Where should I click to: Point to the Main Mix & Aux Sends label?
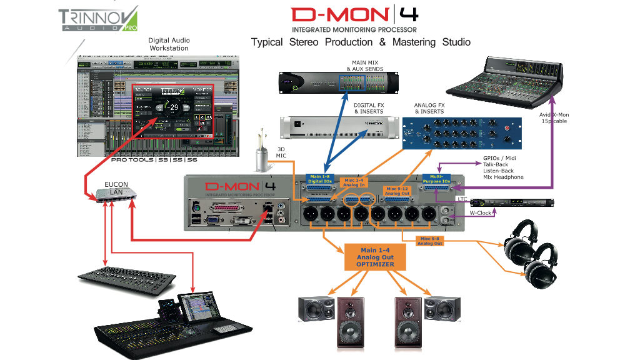coord(367,65)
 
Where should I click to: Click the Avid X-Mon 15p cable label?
coord(554,118)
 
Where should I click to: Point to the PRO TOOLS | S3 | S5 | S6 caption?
coord(154,161)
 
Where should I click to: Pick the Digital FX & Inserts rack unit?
coord(336,127)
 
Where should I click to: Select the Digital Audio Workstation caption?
coord(169,44)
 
